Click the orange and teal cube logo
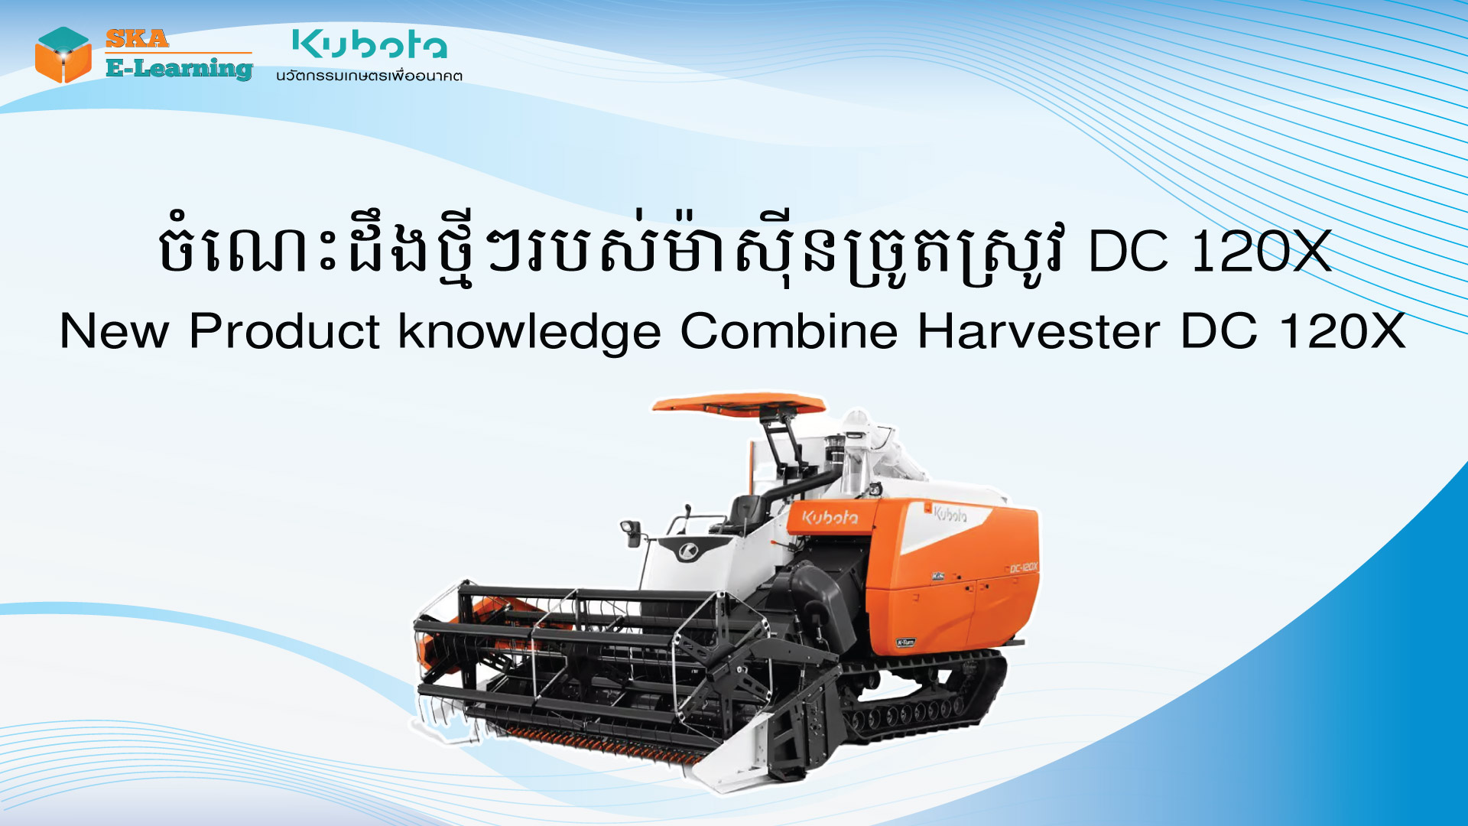click(x=63, y=55)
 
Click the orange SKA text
click(x=137, y=38)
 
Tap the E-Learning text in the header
click(x=179, y=69)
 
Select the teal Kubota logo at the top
click(x=369, y=44)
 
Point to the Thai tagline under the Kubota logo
click(x=369, y=76)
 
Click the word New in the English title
click(x=114, y=332)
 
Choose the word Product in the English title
click(x=284, y=332)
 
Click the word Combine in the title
click(x=788, y=332)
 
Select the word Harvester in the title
click(x=1038, y=332)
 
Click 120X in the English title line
click(x=1342, y=332)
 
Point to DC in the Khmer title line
click(x=1128, y=252)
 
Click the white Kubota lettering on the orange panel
click(x=830, y=518)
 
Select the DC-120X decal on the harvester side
click(x=1023, y=567)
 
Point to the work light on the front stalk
click(x=632, y=530)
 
